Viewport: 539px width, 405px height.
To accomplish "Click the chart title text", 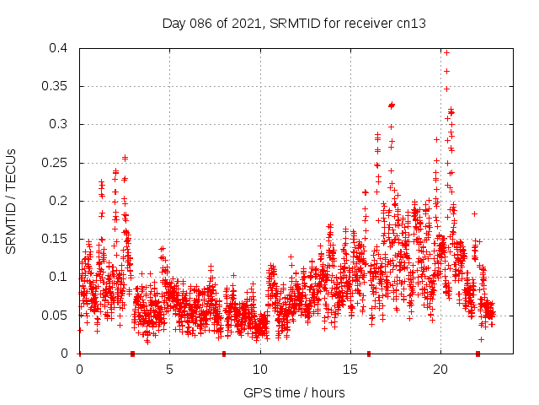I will coord(294,24).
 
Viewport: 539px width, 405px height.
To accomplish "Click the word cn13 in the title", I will coord(412,24).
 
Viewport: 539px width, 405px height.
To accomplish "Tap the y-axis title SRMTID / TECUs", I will coord(12,201).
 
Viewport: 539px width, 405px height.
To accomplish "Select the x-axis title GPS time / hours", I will coord(294,392).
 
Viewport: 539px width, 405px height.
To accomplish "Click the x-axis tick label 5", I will coord(169,369).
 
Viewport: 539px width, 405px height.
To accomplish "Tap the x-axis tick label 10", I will coord(260,369).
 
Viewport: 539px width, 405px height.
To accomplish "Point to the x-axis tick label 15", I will coord(350,369).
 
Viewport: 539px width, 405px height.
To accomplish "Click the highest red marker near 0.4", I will coord(446,52).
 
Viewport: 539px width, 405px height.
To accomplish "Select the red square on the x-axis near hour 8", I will coord(224,354).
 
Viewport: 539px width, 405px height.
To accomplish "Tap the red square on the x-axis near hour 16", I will coord(369,354).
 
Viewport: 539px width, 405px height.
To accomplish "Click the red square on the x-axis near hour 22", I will coord(478,354).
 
